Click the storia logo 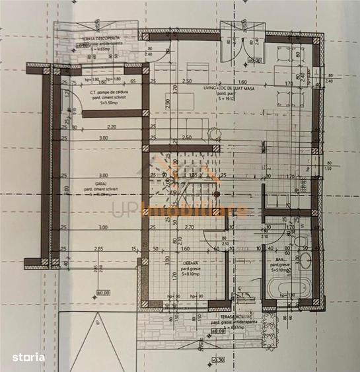28,357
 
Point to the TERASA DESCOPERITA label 101,38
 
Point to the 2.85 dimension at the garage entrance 98,248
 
